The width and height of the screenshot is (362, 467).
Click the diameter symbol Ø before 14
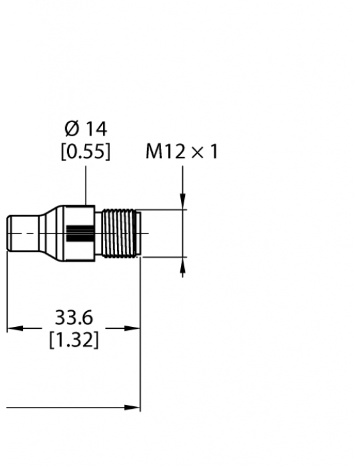[72, 129]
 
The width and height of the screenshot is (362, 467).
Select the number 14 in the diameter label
[96, 129]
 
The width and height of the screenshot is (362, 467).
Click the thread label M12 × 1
[182, 152]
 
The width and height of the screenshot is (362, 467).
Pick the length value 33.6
[74, 317]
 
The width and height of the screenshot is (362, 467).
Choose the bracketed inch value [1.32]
[74, 340]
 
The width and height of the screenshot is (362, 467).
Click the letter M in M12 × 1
[153, 152]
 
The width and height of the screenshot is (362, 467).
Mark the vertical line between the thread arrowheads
[183, 233]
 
